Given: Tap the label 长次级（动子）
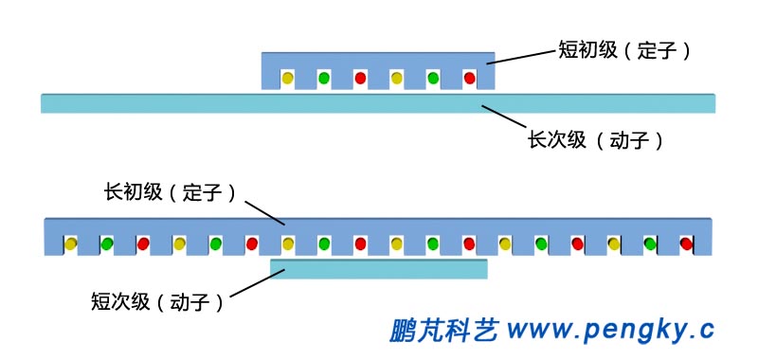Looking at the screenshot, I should click(x=595, y=141).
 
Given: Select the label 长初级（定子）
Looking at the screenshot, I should click(x=170, y=192).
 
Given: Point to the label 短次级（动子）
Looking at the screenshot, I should click(x=157, y=302).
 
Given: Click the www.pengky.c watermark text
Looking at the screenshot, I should click(x=610, y=329).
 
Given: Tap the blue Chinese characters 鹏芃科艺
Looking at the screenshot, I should click(x=443, y=329).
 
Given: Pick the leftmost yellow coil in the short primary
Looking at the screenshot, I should click(x=287, y=78).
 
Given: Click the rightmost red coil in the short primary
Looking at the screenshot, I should click(x=469, y=78).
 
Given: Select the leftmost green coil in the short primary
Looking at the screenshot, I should click(x=323, y=78).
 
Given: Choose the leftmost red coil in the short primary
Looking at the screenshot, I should click(x=360, y=78).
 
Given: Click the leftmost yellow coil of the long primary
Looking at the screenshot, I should click(x=70, y=244).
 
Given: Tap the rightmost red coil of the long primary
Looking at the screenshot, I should click(x=686, y=244).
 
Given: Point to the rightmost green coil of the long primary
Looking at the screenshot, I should click(x=650, y=244).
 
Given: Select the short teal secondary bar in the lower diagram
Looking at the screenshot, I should click(x=379, y=269).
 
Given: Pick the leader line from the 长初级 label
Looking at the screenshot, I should click(x=264, y=210).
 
